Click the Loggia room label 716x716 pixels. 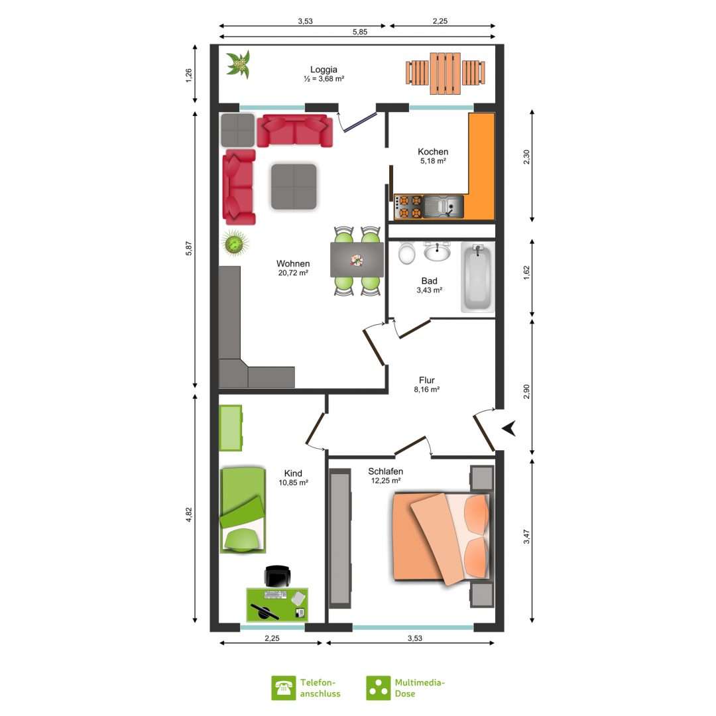pyautogui.click(x=324, y=70)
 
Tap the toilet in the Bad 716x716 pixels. pyautogui.click(x=406, y=253)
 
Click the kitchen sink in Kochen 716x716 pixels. pyautogui.click(x=443, y=206)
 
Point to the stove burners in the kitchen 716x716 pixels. pyautogui.click(x=408, y=207)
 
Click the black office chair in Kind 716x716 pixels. pyautogui.click(x=277, y=576)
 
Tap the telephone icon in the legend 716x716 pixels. pyautogui.click(x=284, y=687)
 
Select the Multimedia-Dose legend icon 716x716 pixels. pyautogui.click(x=379, y=687)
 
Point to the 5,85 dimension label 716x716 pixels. pyautogui.click(x=360, y=32)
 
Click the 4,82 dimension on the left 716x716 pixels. pyautogui.click(x=189, y=514)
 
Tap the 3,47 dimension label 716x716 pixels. pyautogui.click(x=526, y=536)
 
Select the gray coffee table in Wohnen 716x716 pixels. pyautogui.click(x=294, y=187)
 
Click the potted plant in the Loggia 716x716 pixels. pyautogui.click(x=239, y=64)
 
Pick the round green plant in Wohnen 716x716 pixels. pyautogui.click(x=234, y=243)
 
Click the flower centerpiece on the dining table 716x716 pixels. pyautogui.click(x=357, y=261)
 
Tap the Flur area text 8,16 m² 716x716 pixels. pyautogui.click(x=426, y=390)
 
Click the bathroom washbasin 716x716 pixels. pyautogui.click(x=438, y=251)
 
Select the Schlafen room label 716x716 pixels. pyautogui.click(x=385, y=471)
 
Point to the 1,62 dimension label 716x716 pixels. pyautogui.click(x=526, y=272)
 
